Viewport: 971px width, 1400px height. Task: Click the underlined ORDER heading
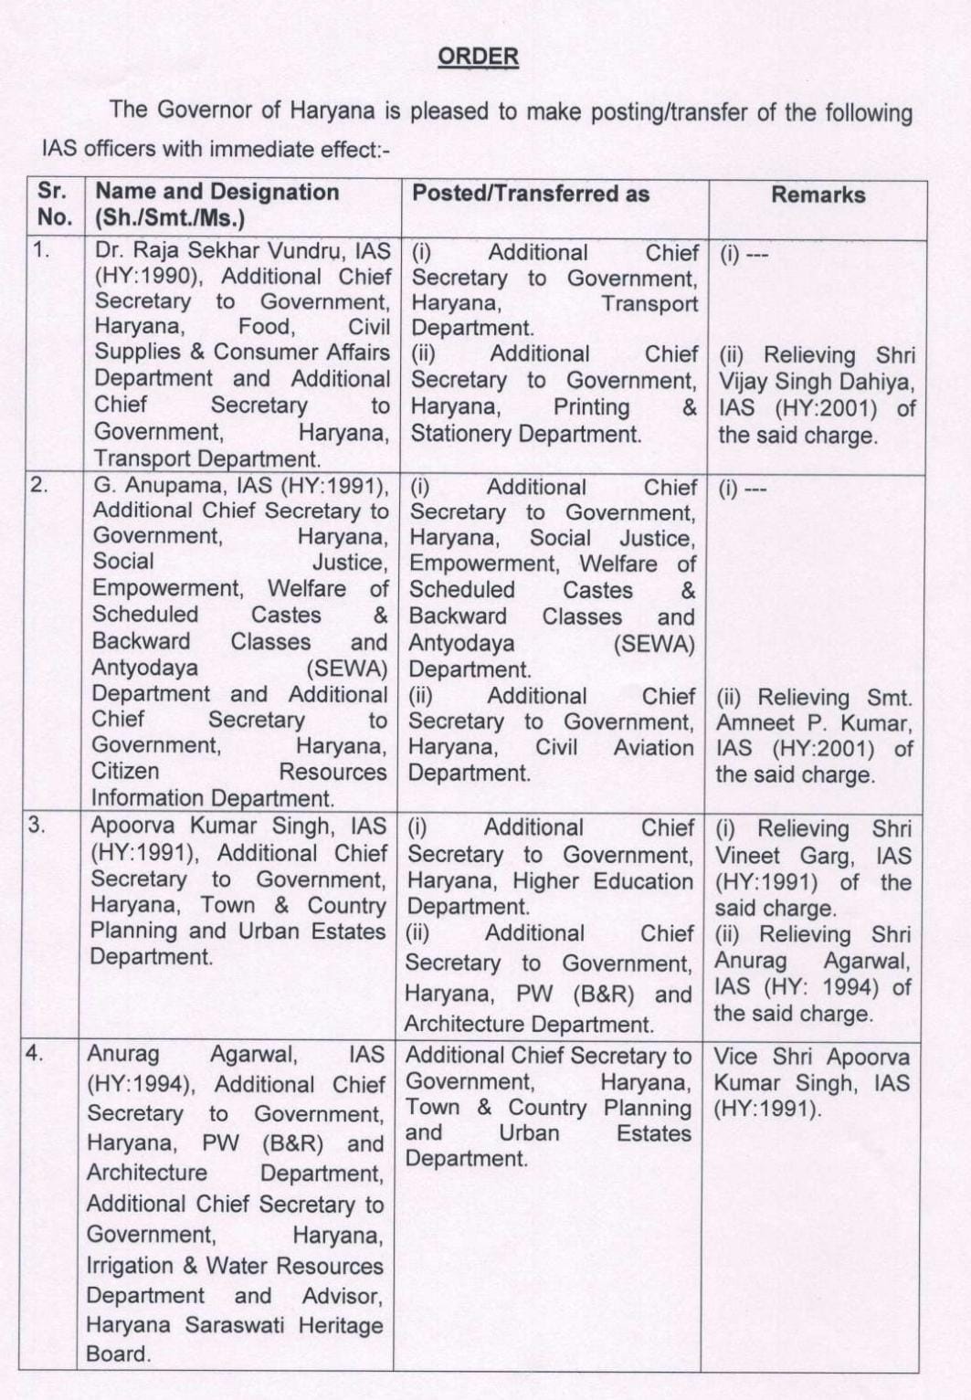(478, 57)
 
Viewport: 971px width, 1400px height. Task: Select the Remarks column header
(818, 195)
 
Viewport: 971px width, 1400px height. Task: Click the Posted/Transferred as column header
(530, 194)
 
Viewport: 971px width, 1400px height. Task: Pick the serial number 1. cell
(42, 248)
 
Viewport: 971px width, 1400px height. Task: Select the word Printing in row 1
(591, 407)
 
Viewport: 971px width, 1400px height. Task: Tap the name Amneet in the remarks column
(752, 723)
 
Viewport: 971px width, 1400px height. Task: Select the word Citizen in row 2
(125, 771)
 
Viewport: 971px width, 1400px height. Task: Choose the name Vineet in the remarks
(747, 856)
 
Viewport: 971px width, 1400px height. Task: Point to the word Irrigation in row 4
(131, 1266)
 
